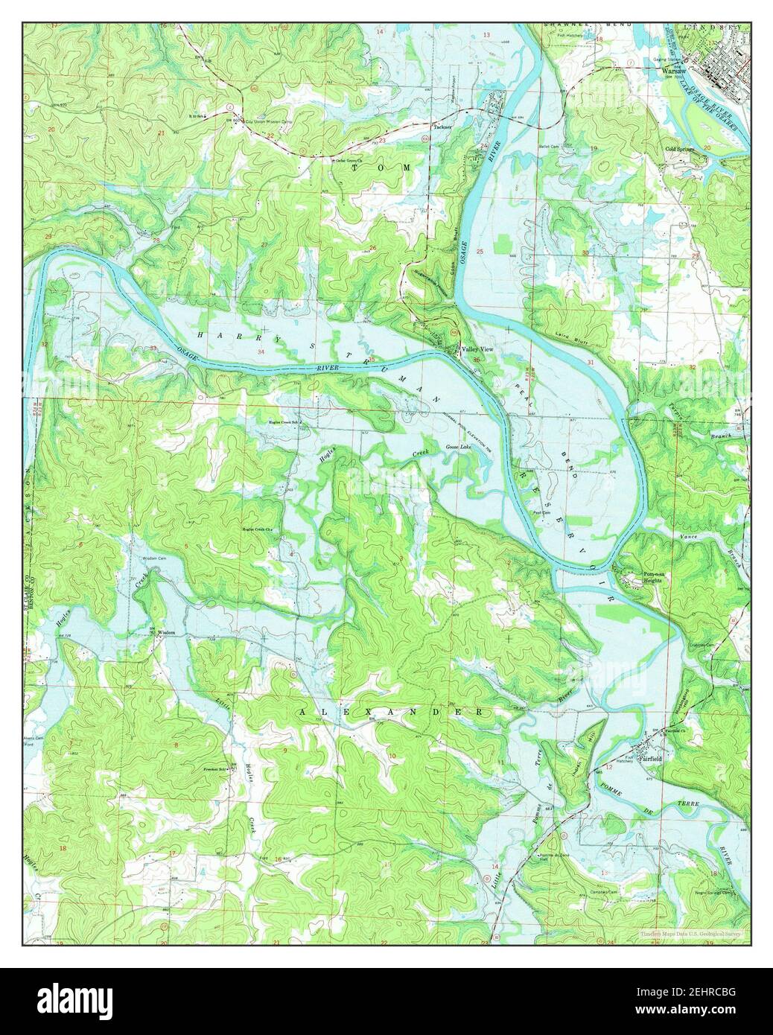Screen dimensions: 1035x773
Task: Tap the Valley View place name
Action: tap(477, 349)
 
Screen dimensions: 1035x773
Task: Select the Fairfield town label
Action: tap(659, 759)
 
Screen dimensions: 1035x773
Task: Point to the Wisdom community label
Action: tap(165, 633)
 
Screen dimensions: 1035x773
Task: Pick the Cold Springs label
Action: tap(681, 148)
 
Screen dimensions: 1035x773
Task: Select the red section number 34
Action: tap(261, 351)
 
